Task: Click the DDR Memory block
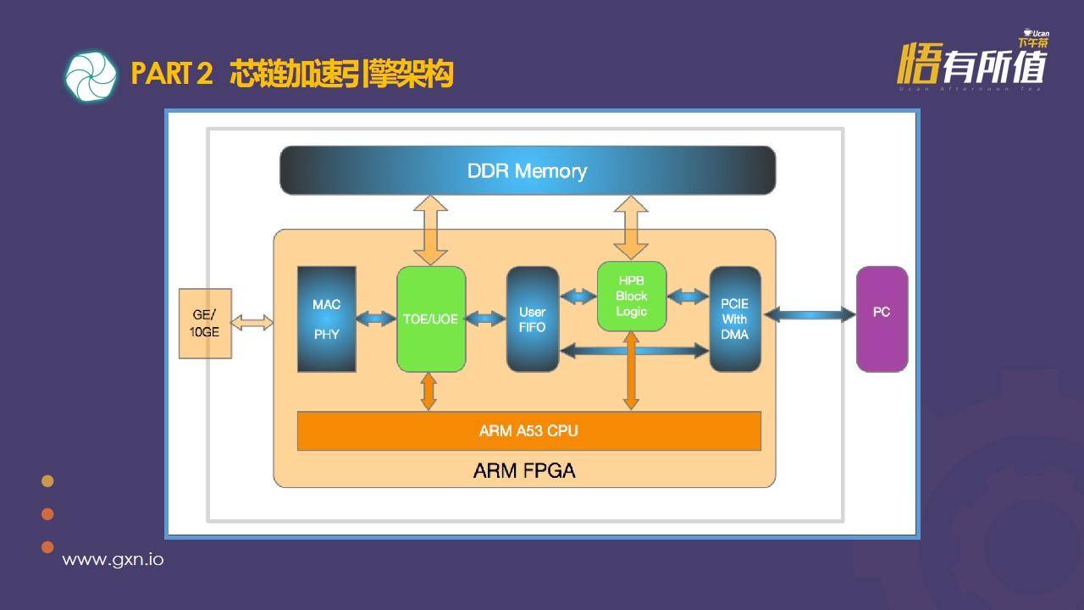pos(527,170)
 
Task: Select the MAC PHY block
pos(326,319)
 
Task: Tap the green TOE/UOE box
pos(431,319)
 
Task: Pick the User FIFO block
pos(533,319)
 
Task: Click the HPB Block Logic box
pos(632,297)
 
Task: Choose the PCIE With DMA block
pos(734,319)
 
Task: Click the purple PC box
pos(882,319)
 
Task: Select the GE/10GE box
pos(205,323)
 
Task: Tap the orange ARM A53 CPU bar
pos(528,430)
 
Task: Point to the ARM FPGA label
pos(524,470)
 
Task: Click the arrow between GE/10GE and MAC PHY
pos(252,323)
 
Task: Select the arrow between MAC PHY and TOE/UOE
pos(376,319)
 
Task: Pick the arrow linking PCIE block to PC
pos(809,315)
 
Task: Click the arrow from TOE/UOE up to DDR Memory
pos(430,230)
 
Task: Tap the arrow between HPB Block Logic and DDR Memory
pos(631,227)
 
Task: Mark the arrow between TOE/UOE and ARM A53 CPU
pos(429,391)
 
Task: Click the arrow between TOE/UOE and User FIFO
pos(486,319)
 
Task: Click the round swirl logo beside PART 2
pos(91,76)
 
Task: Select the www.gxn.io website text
pos(113,560)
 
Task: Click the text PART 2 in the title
pos(172,75)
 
